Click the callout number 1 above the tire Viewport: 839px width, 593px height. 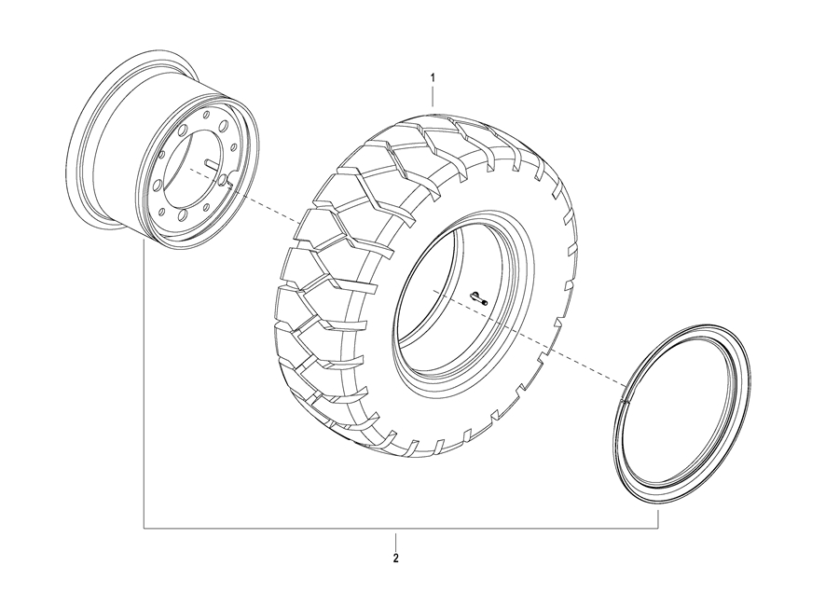point(433,77)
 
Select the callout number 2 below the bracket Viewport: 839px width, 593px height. point(395,559)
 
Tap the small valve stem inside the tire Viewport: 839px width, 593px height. point(479,297)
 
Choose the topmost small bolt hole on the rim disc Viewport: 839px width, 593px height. point(206,114)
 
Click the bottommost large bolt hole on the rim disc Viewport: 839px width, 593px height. point(183,214)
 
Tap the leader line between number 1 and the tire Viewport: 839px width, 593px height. point(433,97)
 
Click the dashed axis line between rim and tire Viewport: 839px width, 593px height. point(244,195)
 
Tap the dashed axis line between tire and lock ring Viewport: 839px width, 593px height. point(530,338)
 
